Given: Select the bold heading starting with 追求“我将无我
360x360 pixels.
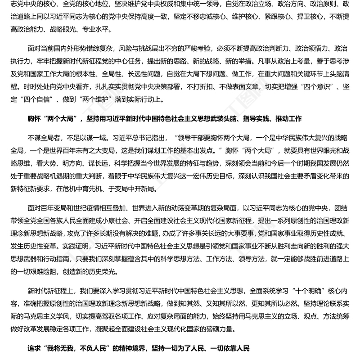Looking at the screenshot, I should click(138, 348).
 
